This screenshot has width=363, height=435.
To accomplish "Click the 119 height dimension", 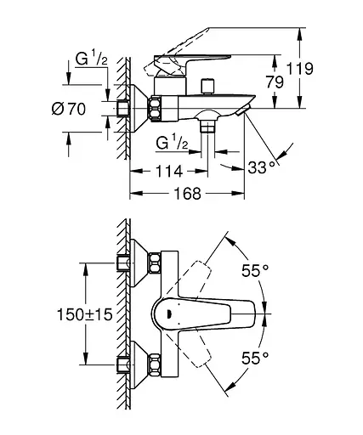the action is coord(300,69).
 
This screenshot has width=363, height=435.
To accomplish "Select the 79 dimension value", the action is coord(275,82).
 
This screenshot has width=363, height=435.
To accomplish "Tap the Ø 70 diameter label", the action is coord(69,109).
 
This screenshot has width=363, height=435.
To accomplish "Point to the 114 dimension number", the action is coord(168,171).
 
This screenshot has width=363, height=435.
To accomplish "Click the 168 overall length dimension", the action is coord(187,194).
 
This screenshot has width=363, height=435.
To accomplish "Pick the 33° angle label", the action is coord(262,167).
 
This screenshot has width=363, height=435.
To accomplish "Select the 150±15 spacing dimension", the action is coord(85,314).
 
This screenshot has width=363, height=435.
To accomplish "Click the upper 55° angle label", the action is coord(255,270).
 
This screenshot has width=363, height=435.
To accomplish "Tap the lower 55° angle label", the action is coord(255,358).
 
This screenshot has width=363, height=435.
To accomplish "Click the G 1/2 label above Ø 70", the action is coord(92,59).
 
